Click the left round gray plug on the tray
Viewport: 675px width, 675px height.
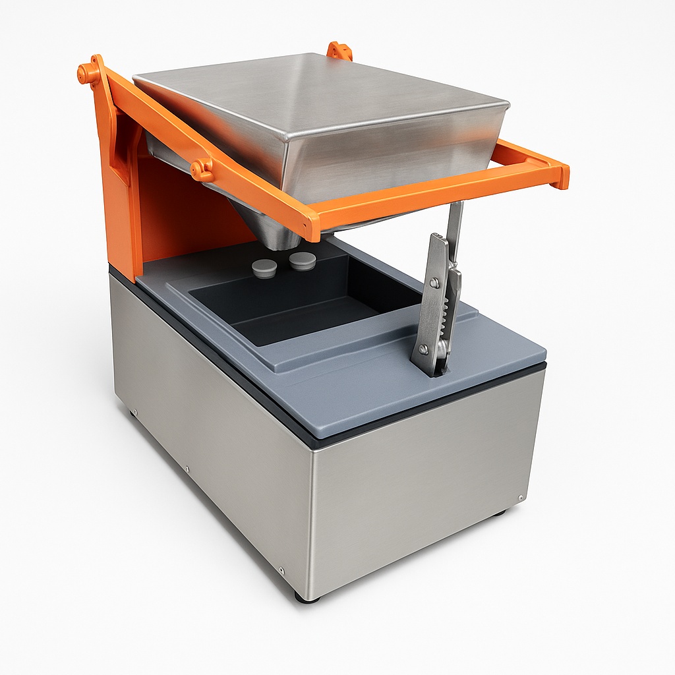click(x=264, y=268)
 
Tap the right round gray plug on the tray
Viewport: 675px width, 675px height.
click(x=303, y=261)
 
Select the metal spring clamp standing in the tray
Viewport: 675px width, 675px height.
click(x=434, y=303)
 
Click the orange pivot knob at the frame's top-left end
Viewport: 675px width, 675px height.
click(x=85, y=73)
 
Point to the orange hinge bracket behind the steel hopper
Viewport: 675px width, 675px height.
click(x=339, y=51)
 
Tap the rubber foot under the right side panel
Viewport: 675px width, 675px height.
click(x=499, y=512)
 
